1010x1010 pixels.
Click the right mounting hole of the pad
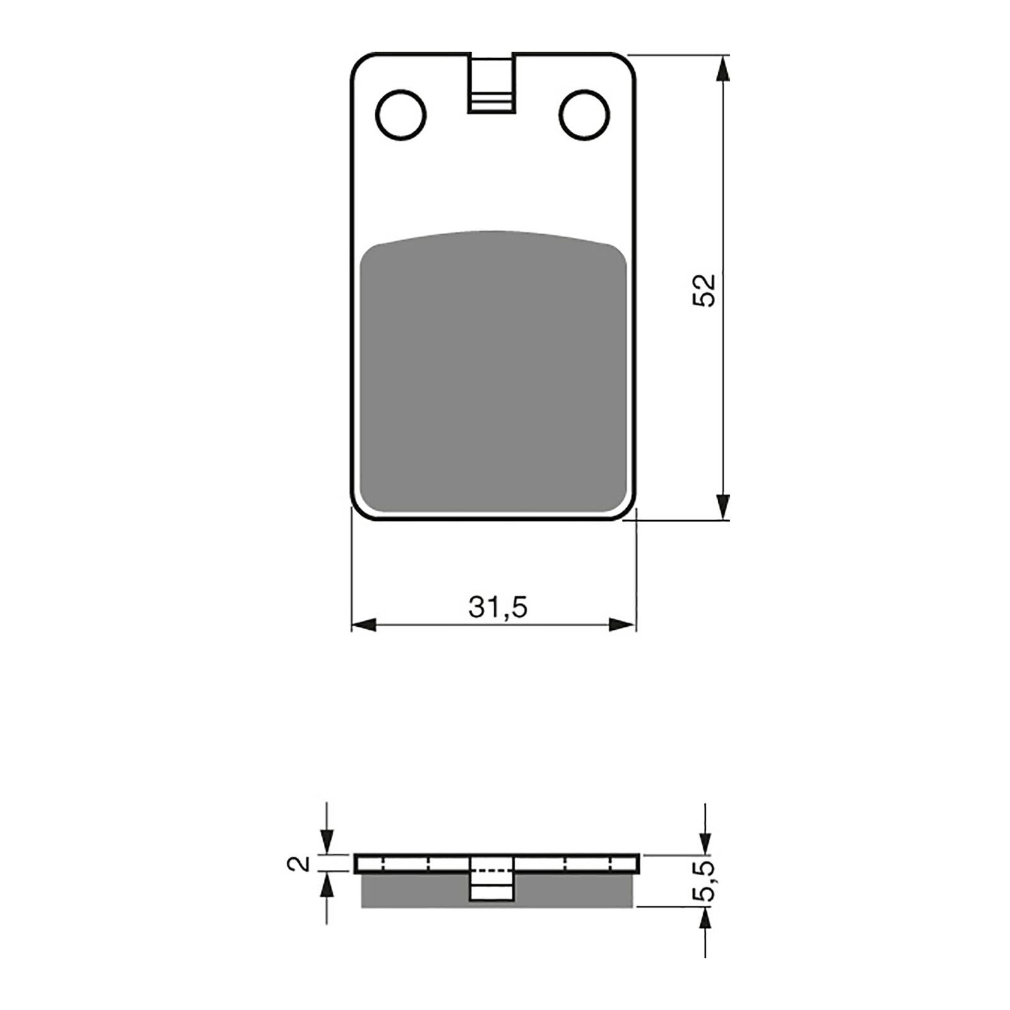[585, 115]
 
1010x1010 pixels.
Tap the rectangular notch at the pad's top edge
[490, 83]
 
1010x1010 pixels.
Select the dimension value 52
[704, 290]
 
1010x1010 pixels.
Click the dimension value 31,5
[497, 607]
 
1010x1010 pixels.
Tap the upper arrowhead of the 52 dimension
[723, 68]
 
